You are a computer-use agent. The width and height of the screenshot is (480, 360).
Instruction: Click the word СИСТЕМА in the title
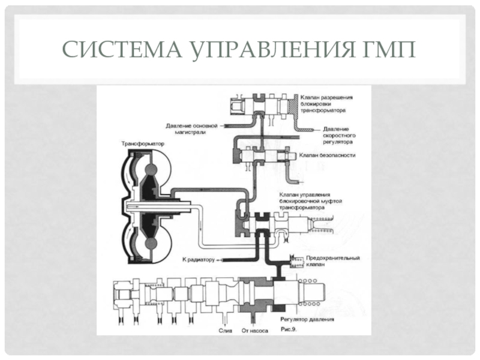(122, 49)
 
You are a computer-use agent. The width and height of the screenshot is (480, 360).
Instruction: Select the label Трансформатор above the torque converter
(143, 143)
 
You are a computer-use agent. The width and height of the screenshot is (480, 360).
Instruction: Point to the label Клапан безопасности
(327, 155)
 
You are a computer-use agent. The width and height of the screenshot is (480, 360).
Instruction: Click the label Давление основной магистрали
(191, 129)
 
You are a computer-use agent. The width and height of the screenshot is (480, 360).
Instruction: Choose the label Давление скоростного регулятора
(339, 136)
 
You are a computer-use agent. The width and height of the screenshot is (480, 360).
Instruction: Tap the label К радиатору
(199, 260)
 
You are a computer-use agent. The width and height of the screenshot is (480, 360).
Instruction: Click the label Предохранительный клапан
(333, 261)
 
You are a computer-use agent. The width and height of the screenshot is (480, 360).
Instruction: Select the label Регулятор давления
(307, 319)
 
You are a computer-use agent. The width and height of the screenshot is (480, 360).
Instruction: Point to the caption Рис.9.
(289, 329)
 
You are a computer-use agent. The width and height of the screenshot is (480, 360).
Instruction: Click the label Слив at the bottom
(226, 331)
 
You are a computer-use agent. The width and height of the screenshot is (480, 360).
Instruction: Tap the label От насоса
(254, 331)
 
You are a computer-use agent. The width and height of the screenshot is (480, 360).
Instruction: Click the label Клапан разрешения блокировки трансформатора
(326, 104)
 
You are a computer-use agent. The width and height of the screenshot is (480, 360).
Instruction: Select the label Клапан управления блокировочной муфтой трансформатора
(310, 201)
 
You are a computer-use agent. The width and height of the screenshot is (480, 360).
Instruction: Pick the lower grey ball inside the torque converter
(151, 244)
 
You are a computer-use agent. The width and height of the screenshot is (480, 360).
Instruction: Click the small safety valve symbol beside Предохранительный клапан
(296, 261)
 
